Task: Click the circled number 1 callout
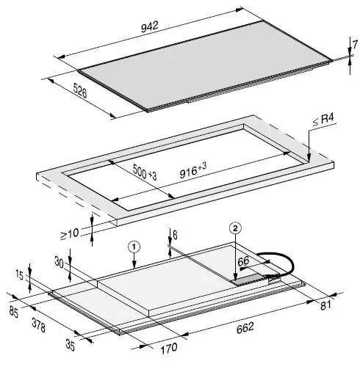coord(134,247)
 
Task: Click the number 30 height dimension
coord(60,261)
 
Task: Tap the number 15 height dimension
coord(20,274)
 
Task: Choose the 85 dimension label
coord(13,311)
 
